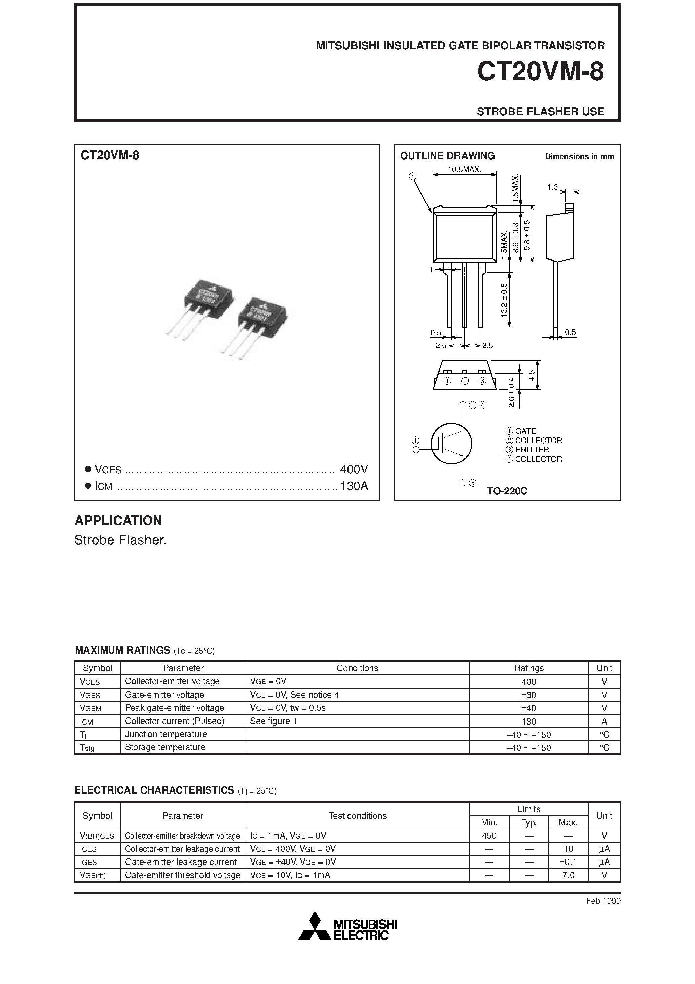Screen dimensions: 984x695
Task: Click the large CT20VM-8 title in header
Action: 540,72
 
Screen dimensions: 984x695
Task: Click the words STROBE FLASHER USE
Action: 540,111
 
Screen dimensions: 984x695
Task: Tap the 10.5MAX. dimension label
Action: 465,169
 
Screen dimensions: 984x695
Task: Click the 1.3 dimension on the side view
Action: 552,187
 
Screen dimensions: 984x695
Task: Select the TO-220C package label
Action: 507,491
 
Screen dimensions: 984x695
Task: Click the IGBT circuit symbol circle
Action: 451,444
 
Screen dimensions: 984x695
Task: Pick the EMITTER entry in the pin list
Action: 532,450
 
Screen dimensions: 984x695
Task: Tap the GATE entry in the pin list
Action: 525,431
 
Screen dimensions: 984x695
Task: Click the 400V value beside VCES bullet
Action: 354,470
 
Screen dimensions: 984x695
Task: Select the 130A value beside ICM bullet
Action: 354,486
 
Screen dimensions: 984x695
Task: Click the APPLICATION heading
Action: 118,520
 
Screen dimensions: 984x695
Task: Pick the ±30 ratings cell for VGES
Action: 529,695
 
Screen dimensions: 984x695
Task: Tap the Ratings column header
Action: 529,668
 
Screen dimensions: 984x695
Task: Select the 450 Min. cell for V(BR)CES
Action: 489,836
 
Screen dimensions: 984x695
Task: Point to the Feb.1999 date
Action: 603,901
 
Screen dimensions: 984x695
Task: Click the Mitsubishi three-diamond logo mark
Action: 315,926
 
